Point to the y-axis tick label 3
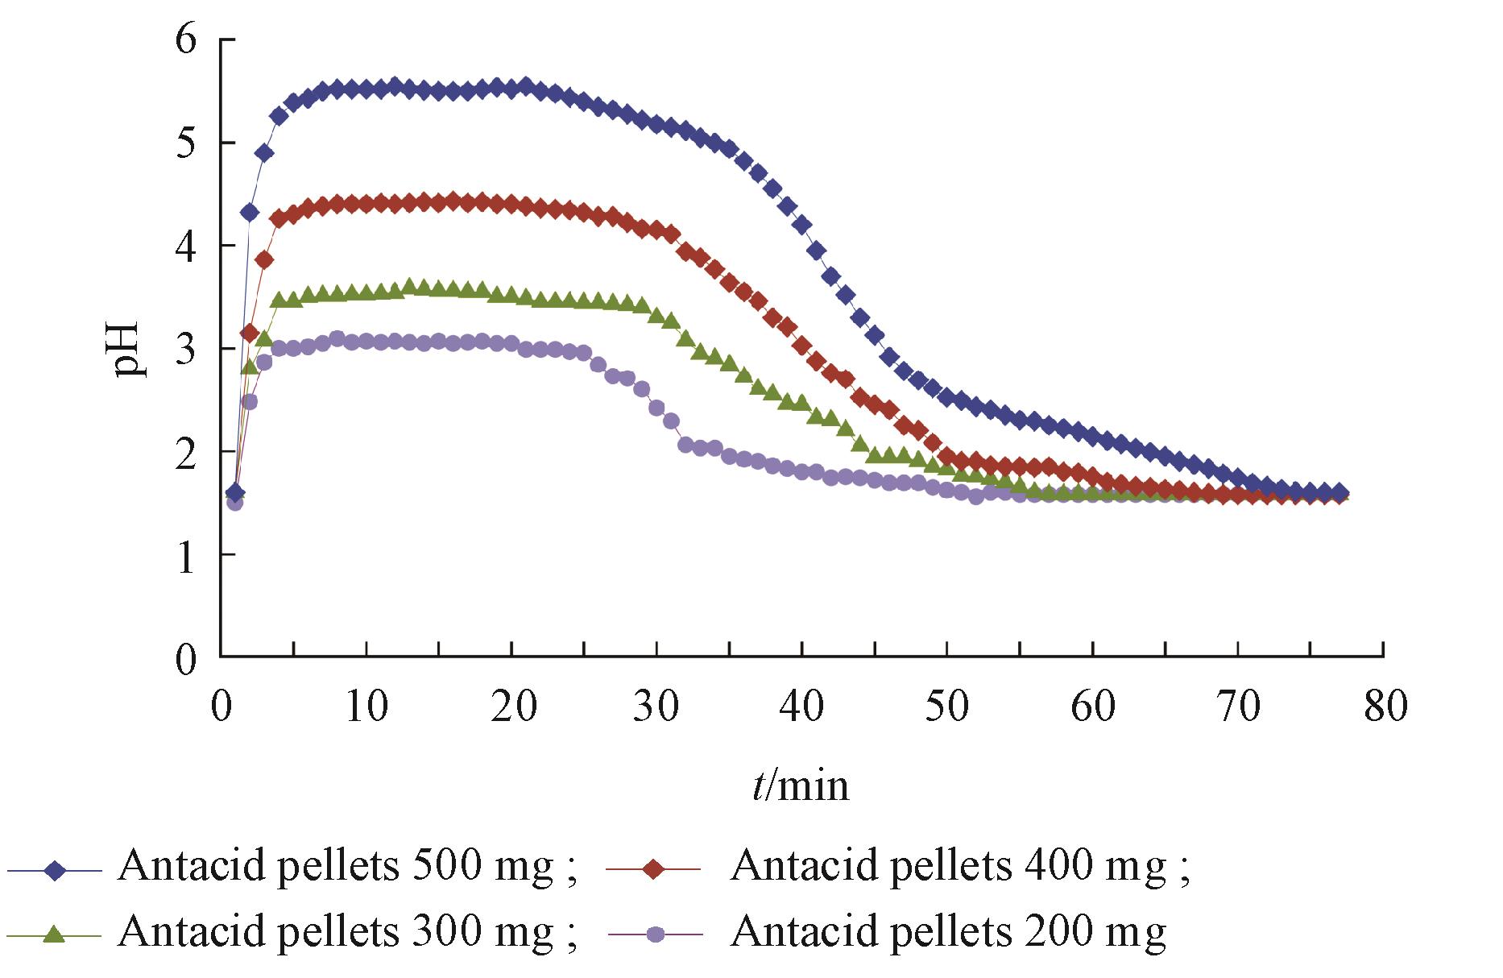click(186, 349)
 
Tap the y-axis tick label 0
click(186, 658)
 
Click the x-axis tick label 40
click(801, 706)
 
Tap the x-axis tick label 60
click(1093, 706)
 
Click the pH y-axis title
click(126, 349)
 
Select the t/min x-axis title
click(801, 785)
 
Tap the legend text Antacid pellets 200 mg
click(948, 932)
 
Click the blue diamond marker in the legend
click(55, 871)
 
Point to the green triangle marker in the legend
click(55, 934)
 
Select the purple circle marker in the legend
click(656, 935)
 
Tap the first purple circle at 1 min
click(234, 503)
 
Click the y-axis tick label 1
click(186, 556)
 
